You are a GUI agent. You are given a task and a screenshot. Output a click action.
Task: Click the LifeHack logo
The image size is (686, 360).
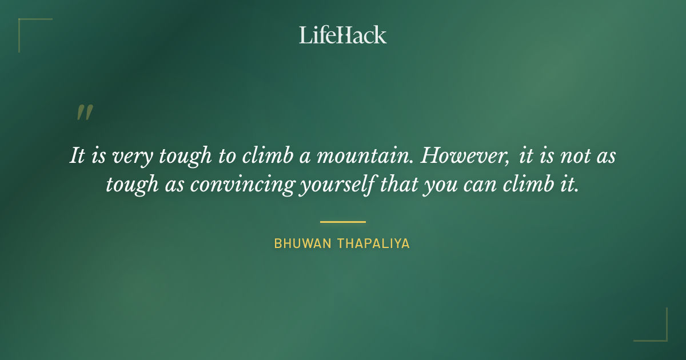coord(343,35)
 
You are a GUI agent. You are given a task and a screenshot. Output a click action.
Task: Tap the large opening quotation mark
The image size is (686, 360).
coord(84,113)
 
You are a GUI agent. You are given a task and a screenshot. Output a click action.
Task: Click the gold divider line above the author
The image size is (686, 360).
coord(343,222)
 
